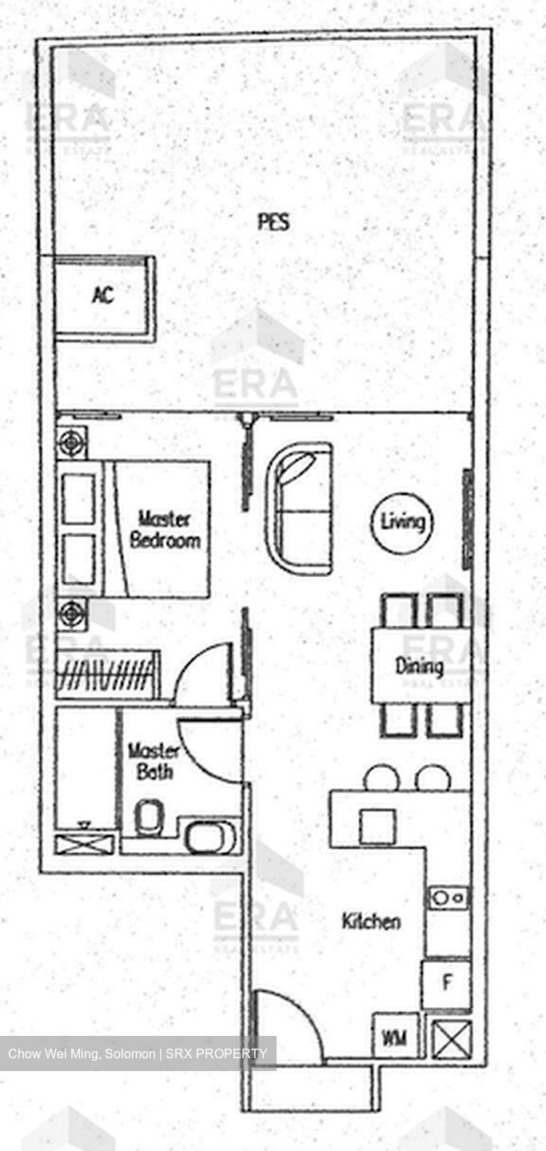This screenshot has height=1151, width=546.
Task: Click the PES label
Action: [273, 222]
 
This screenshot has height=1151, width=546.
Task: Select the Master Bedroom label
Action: [165, 530]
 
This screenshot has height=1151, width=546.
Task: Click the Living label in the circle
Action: [403, 522]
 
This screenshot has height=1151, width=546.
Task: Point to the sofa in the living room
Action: [298, 508]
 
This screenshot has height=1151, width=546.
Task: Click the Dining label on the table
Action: [420, 667]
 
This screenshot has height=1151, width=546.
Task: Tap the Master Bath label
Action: [153, 762]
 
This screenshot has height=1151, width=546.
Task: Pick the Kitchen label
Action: [371, 921]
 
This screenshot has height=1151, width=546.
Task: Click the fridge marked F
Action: [446, 984]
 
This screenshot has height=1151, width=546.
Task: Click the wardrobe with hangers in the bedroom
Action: [107, 674]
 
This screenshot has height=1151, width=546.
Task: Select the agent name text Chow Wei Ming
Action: [53, 1053]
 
